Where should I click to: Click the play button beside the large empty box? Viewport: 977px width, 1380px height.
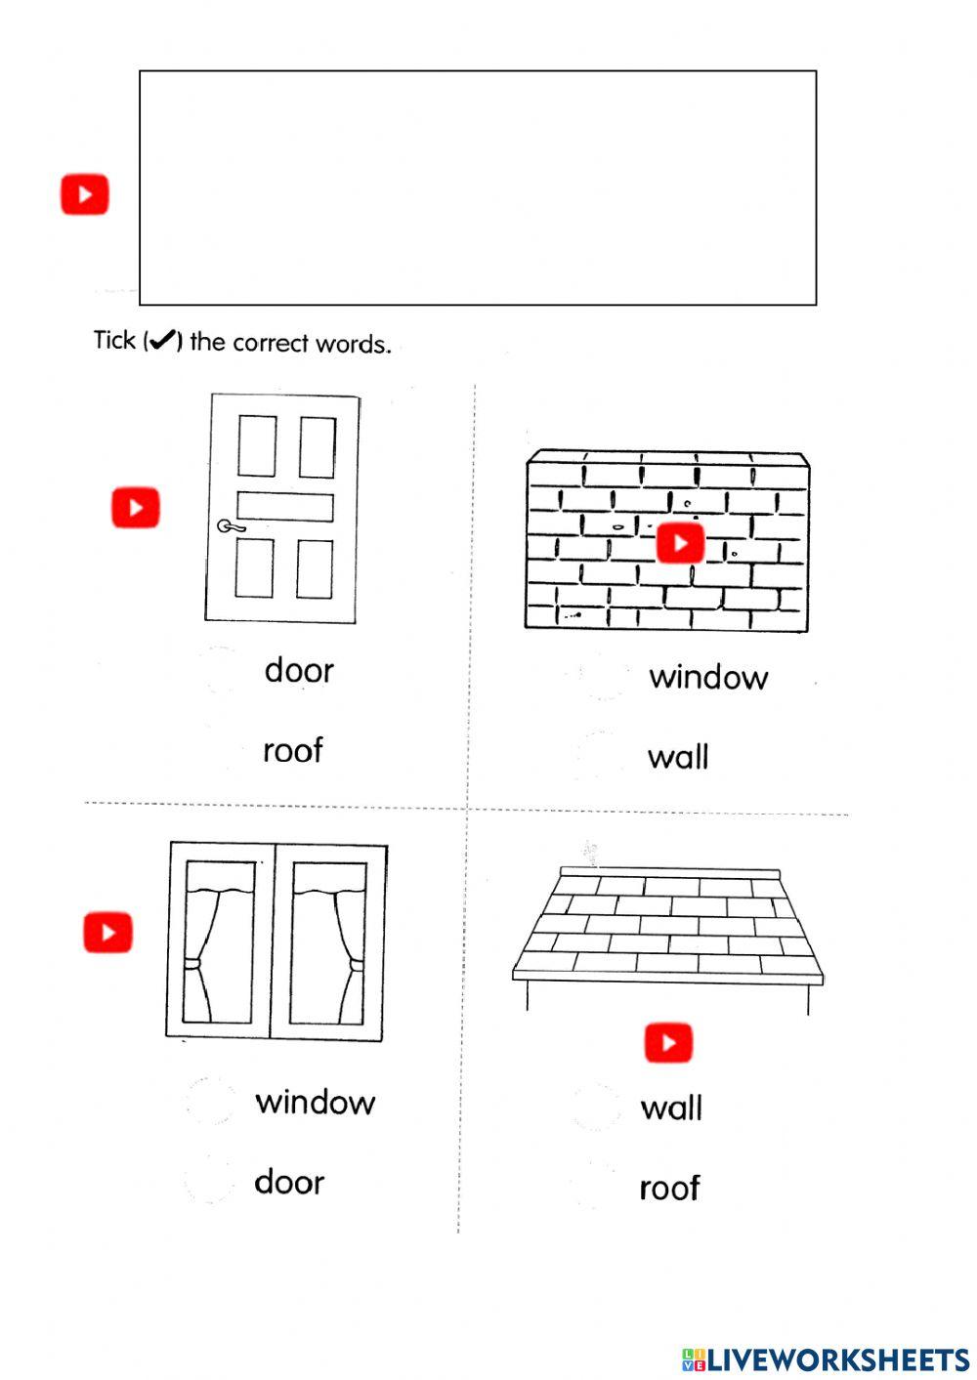coord(85,194)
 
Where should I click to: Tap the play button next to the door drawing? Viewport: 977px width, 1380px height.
coord(135,508)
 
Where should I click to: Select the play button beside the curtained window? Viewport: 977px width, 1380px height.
coord(107,932)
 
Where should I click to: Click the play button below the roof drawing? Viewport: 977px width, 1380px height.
coord(668,1042)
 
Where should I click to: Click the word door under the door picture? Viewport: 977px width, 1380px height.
coord(299,671)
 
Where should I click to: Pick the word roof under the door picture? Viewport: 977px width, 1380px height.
coord(292,751)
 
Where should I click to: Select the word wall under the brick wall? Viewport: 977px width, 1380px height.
coord(678,757)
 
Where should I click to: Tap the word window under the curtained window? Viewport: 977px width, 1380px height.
coord(315,1103)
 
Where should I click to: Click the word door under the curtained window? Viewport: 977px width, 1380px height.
coord(289,1183)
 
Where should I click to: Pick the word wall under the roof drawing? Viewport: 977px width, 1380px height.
coord(671,1108)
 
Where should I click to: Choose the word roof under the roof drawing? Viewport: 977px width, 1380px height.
coord(669,1189)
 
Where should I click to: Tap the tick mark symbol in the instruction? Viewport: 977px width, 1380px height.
coord(162,340)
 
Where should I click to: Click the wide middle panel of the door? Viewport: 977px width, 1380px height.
coord(284,507)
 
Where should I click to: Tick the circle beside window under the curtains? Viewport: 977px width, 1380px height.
coord(209,1101)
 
